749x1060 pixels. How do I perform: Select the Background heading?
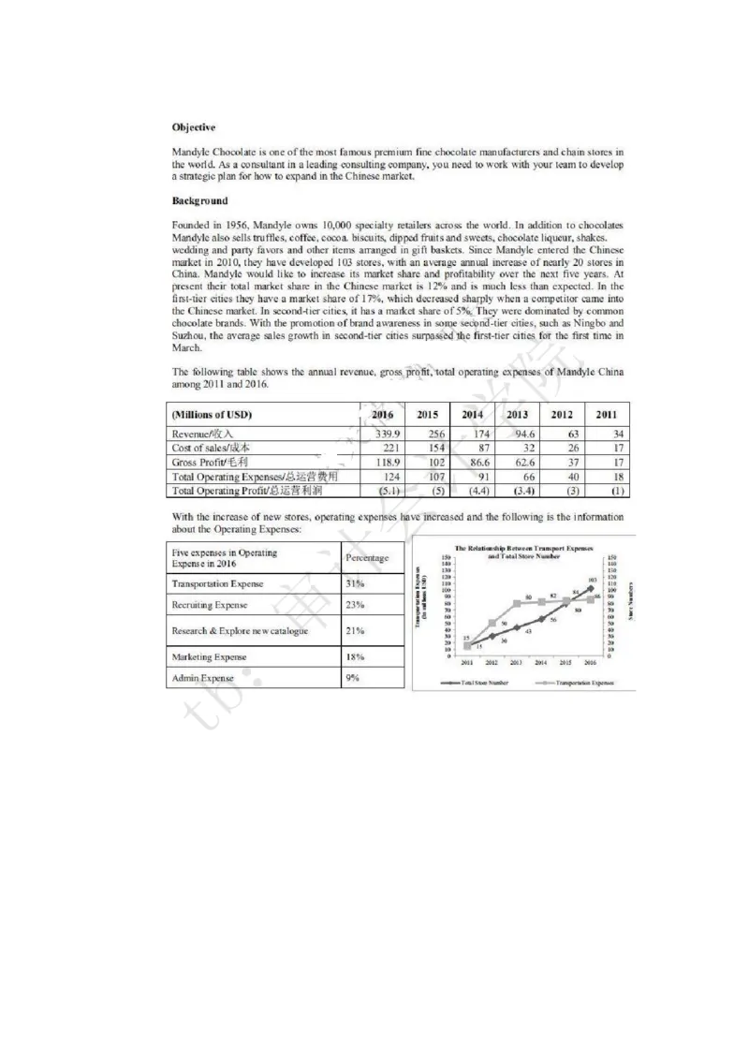click(x=200, y=200)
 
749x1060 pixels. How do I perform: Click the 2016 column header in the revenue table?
click(x=383, y=415)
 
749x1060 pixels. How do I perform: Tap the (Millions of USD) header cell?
click(x=213, y=415)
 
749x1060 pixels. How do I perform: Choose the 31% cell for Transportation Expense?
click(x=354, y=583)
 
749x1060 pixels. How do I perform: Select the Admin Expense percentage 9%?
click(x=352, y=677)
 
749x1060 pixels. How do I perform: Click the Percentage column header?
click(x=367, y=558)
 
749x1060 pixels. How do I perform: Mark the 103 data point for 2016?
click(x=591, y=587)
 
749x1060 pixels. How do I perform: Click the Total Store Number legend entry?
click(x=479, y=683)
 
